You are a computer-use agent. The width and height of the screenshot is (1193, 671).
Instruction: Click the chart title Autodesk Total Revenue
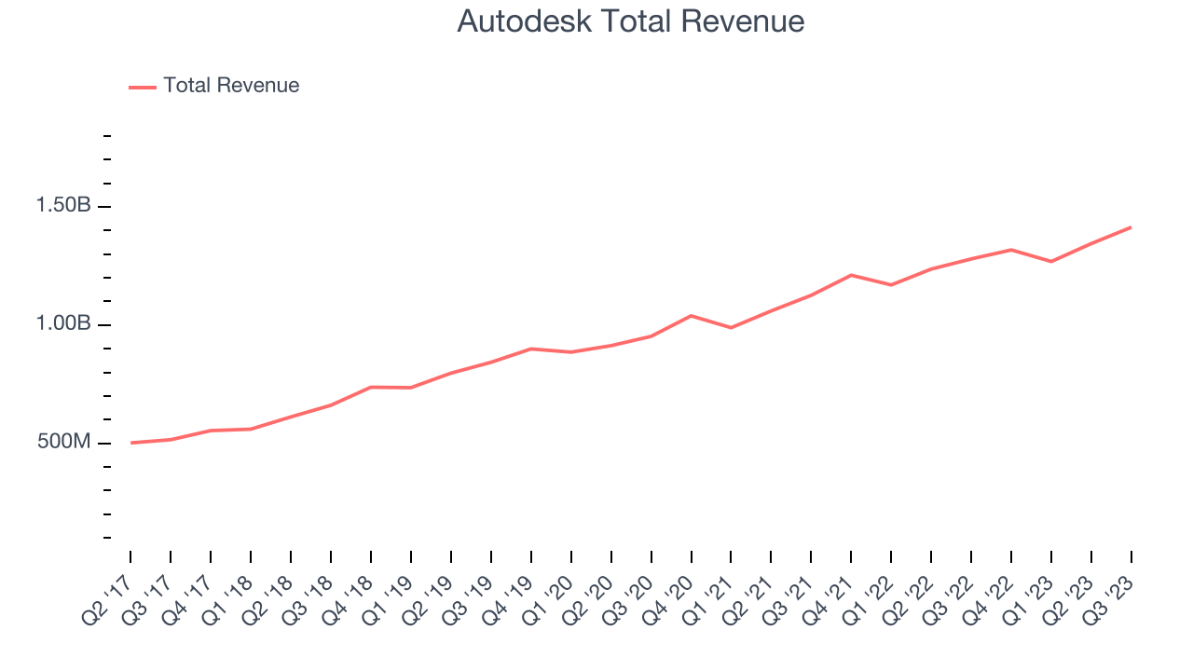pyautogui.click(x=630, y=21)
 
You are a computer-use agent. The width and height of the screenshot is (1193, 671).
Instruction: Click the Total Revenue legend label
pyautogui.click(x=231, y=86)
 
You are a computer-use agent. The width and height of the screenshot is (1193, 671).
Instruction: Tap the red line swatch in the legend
pyautogui.click(x=143, y=87)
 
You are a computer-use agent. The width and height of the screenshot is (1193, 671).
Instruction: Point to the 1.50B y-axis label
pyautogui.click(x=63, y=206)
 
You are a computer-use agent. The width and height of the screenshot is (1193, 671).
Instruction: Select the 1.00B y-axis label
pyautogui.click(x=63, y=324)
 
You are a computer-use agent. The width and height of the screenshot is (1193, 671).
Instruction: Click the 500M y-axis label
pyautogui.click(x=64, y=442)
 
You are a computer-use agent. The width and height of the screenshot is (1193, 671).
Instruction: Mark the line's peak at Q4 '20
pyautogui.click(x=691, y=316)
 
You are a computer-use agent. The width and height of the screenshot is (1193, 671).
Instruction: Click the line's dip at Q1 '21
pyautogui.click(x=731, y=327)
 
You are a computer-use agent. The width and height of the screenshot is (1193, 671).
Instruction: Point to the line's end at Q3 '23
pyautogui.click(x=1131, y=227)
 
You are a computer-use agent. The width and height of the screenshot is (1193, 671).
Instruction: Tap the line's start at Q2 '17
pyautogui.click(x=130, y=443)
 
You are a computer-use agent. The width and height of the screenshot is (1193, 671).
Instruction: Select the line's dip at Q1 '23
pyautogui.click(x=1051, y=261)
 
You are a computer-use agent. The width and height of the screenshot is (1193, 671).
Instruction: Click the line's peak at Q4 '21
pyautogui.click(x=851, y=275)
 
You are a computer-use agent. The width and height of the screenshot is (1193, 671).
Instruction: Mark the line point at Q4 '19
pyautogui.click(x=530, y=349)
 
